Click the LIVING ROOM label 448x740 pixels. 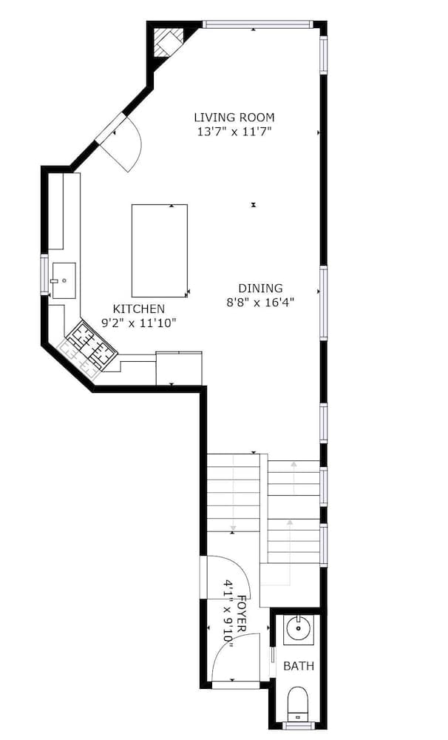click(234, 117)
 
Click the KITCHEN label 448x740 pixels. click(139, 309)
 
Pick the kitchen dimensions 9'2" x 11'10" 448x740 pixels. click(139, 323)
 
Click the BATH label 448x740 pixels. click(299, 666)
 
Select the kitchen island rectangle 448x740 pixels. click(159, 251)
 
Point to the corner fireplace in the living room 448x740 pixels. click(166, 42)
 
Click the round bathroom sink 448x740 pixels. click(299, 630)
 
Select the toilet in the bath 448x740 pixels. click(297, 702)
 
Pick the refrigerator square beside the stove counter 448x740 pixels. click(179, 369)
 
